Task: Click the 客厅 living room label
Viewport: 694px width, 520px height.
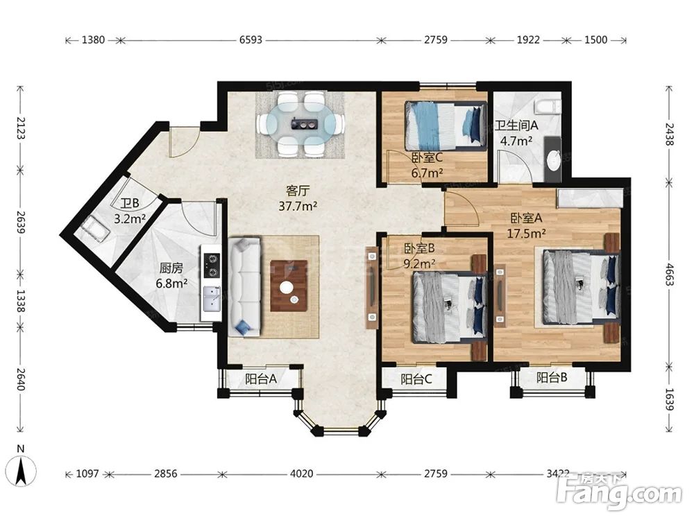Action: [298, 191]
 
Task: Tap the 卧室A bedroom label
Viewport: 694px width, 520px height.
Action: [526, 218]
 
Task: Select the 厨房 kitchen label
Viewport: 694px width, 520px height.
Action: [171, 268]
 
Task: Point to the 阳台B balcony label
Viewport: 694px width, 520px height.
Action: [552, 378]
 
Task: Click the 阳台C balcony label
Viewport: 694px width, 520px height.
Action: [416, 379]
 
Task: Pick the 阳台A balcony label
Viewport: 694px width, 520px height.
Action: [261, 379]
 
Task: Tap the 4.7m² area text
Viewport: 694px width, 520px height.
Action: [516, 141]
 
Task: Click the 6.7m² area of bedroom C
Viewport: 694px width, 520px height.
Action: [427, 173]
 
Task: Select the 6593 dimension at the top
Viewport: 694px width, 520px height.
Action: [251, 40]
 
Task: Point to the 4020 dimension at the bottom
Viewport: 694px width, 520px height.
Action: [301, 474]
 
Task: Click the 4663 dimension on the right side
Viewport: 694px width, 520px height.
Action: [670, 274]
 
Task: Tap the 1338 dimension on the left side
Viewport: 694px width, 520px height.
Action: [20, 301]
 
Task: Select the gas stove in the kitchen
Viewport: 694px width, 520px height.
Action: [212, 266]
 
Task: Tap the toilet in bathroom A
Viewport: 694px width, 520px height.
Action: [548, 107]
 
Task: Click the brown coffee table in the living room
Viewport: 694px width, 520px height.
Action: [289, 286]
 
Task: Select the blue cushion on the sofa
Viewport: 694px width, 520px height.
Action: [242, 328]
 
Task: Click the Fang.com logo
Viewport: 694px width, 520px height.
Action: [619, 492]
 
